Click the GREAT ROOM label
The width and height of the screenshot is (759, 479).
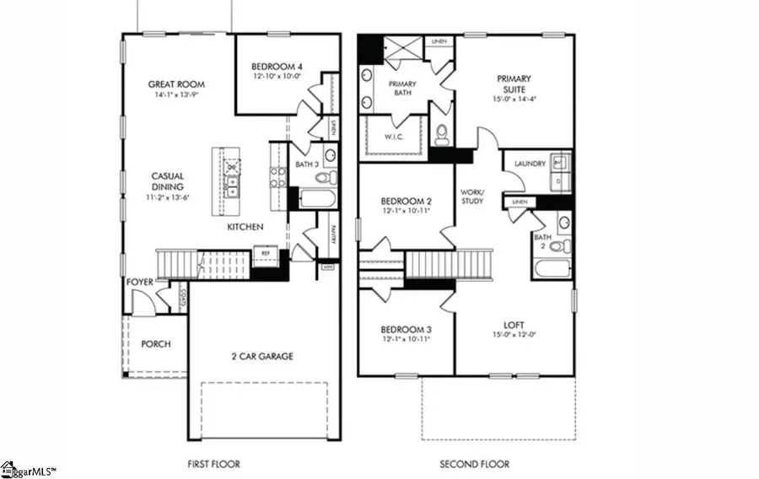point(176,84)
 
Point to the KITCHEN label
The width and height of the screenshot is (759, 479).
point(245,228)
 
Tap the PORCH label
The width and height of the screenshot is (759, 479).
point(156,344)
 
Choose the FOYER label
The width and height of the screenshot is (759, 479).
point(139,283)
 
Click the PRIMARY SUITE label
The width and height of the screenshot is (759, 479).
point(513,84)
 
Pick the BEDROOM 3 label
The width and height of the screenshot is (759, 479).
point(406,329)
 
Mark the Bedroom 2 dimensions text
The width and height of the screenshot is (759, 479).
point(406,211)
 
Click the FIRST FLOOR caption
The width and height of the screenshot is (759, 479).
point(213,464)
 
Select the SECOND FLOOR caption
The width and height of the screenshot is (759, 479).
point(475,464)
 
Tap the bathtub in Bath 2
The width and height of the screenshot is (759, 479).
point(553,270)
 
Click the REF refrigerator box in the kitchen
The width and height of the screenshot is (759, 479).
point(266,251)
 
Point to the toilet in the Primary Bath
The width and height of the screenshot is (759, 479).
point(441,133)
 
